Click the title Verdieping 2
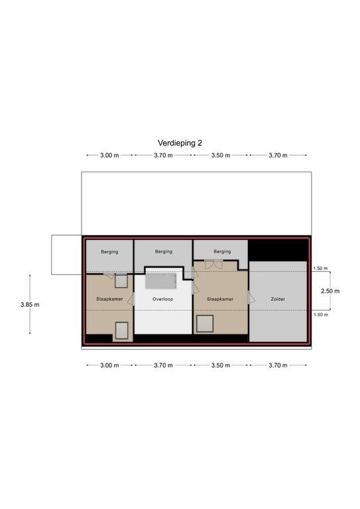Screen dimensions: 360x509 (x=180, y=143)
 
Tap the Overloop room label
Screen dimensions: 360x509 (x=162, y=299)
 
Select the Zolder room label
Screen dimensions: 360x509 (x=278, y=299)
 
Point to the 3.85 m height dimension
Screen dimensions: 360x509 (x=30, y=304)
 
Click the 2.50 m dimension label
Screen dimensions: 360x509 (x=330, y=291)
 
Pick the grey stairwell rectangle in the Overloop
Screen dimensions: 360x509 (x=160, y=281)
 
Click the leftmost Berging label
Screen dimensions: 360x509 (x=109, y=252)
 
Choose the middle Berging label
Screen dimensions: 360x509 (x=164, y=251)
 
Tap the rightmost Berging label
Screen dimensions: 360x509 (x=222, y=251)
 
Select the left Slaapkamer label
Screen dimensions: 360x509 (x=109, y=299)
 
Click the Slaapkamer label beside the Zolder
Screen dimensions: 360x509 (x=220, y=299)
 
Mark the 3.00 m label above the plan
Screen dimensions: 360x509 (x=109, y=155)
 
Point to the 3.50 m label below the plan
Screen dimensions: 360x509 (x=221, y=365)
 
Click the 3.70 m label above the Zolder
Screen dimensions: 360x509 (x=278, y=155)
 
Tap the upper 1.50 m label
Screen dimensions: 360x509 (x=320, y=268)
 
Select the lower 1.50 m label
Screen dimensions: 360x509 (x=321, y=315)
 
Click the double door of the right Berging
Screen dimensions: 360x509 (x=213, y=264)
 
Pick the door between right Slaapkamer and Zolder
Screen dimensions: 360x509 (x=251, y=298)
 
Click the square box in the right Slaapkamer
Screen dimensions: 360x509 (x=205, y=323)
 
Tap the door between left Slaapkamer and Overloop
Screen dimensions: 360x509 (x=131, y=299)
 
